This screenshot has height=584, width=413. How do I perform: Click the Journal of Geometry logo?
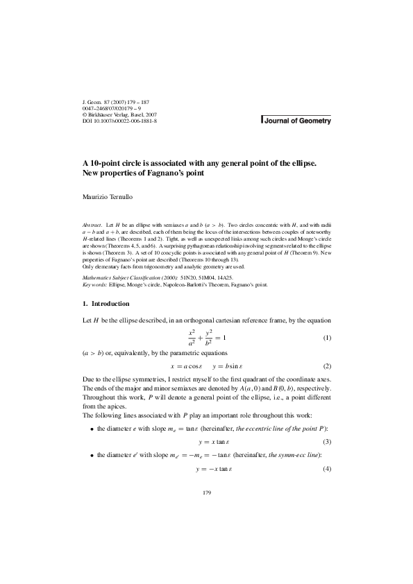(296, 121)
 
